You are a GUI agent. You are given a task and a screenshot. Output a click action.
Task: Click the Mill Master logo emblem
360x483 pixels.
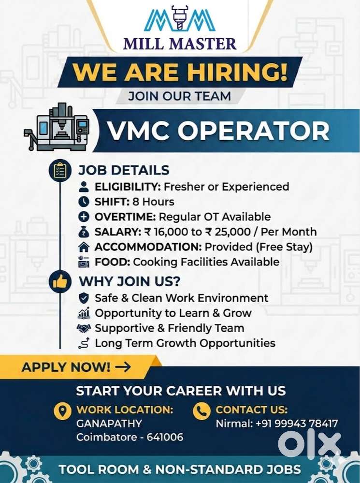(x=180, y=20)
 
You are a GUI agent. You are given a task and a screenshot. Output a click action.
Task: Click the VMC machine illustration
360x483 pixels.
(x=57, y=128)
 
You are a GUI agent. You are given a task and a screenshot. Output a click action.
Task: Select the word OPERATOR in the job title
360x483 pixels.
(x=253, y=131)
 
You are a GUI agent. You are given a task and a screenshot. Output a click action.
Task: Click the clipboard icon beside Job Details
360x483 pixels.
(x=60, y=170)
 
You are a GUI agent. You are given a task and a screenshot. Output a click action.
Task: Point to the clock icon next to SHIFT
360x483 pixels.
(x=84, y=202)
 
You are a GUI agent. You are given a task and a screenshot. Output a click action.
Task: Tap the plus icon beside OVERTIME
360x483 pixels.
(x=84, y=217)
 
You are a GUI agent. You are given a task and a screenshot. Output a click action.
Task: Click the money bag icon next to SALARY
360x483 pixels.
(x=84, y=232)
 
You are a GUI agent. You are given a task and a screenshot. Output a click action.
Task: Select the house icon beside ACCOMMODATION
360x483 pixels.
(x=84, y=247)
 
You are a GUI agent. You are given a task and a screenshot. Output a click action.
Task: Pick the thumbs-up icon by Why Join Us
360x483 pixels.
(x=60, y=281)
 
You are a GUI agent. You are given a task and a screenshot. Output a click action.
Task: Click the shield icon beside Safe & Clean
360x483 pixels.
(x=84, y=298)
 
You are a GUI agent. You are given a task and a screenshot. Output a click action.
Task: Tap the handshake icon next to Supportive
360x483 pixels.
(x=84, y=328)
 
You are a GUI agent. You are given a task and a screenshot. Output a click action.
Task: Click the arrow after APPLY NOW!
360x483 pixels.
(x=123, y=367)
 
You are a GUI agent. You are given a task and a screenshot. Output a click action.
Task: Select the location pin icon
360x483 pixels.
(x=62, y=410)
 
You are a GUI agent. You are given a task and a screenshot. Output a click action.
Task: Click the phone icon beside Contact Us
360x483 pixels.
(x=202, y=410)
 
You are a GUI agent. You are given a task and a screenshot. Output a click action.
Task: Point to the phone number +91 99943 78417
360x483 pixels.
(x=297, y=424)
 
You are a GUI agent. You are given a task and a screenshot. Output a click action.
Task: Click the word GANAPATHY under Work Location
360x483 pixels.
(x=109, y=424)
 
